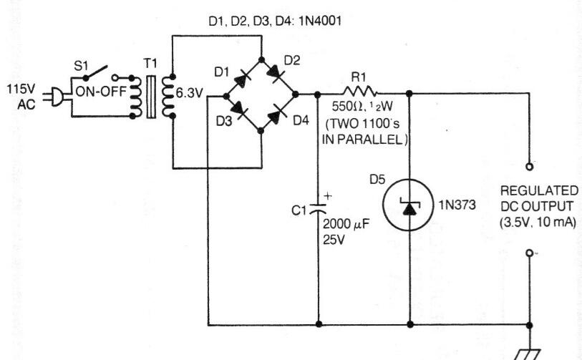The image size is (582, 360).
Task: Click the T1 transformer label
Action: point(150,64)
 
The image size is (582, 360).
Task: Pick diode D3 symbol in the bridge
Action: point(244,112)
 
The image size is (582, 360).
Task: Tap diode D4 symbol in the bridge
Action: point(277,112)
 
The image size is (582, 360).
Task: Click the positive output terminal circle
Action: point(530,166)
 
